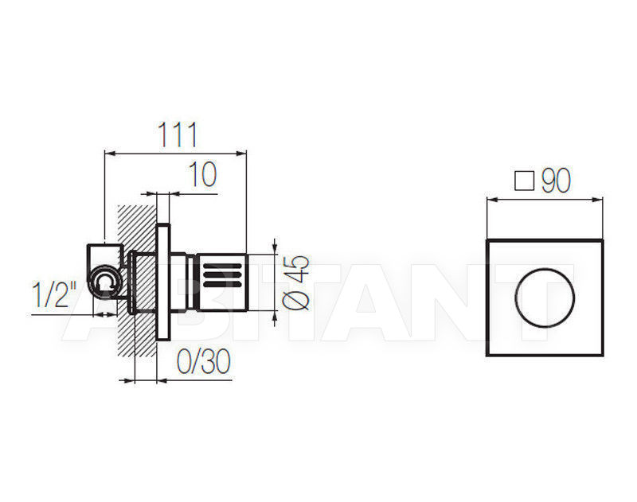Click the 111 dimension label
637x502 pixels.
178,134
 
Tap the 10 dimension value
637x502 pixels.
203,174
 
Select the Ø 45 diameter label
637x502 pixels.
295,282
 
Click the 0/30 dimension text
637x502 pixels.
204,362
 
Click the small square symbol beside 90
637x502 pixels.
524,181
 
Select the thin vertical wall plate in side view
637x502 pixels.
163,282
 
